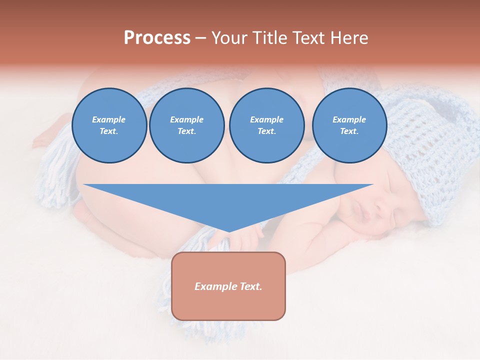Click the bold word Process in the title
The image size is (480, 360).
[157, 38]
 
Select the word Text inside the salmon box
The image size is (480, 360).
[251, 286]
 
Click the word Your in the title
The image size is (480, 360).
[228, 38]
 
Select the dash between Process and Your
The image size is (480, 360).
[200, 38]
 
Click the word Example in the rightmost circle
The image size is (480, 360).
[349, 119]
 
